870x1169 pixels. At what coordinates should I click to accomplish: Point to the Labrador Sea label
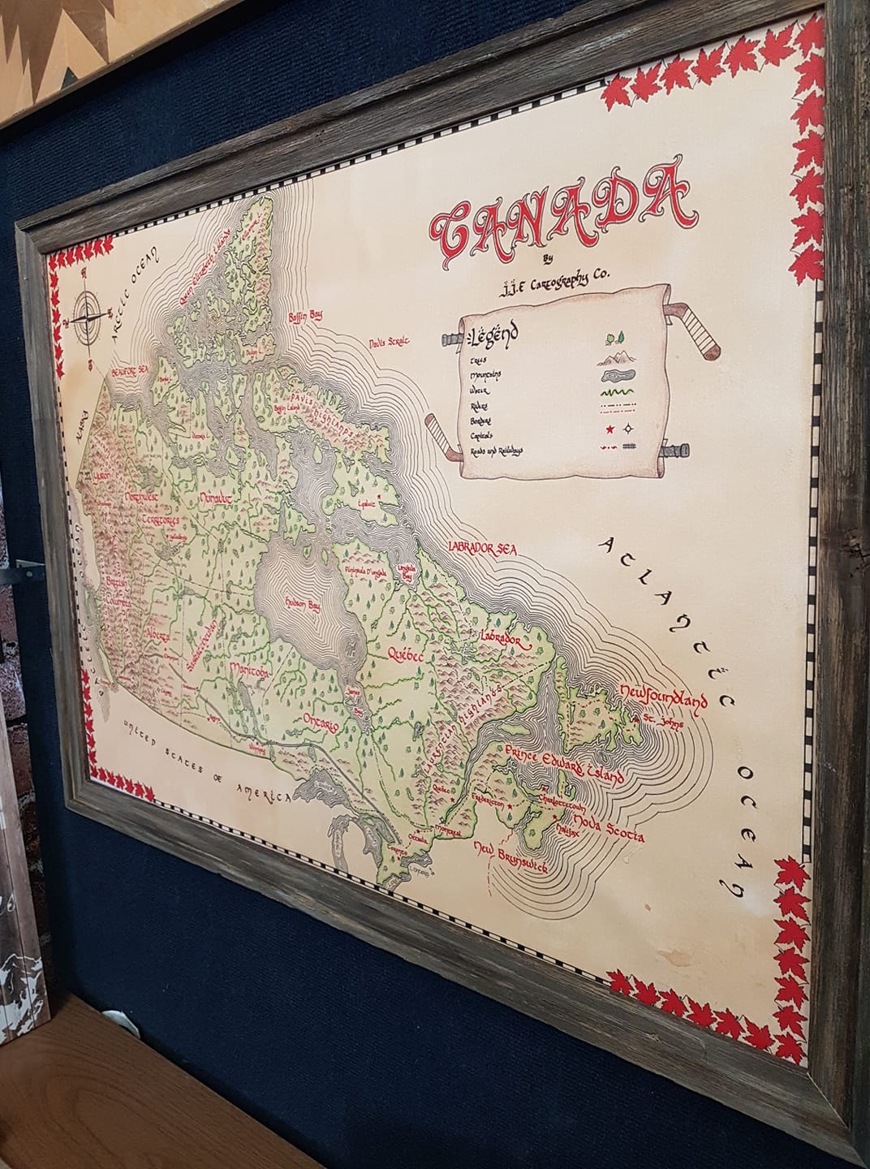tap(484, 550)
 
